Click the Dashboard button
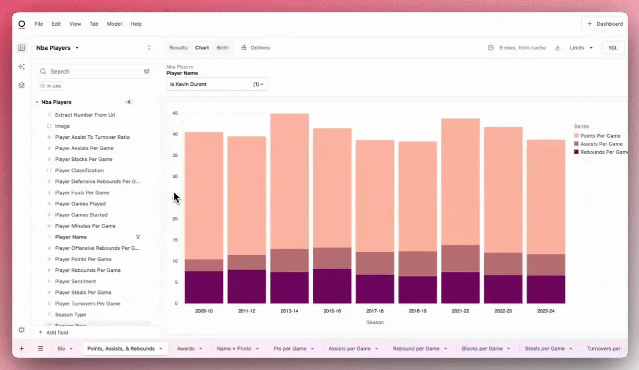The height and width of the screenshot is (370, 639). point(605,24)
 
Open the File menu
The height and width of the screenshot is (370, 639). point(39,24)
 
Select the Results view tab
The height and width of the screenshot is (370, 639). point(179,48)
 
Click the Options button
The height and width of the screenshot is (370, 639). point(256,48)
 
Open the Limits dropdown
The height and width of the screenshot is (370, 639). point(581,48)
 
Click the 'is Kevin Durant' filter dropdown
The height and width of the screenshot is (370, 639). point(217,84)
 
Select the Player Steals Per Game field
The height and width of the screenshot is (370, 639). point(83,292)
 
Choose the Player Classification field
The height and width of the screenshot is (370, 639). point(79,171)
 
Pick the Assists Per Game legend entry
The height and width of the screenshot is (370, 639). point(601,144)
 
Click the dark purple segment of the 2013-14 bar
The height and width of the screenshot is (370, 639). point(289,288)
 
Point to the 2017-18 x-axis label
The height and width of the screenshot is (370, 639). point(375,311)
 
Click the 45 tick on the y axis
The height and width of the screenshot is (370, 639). point(175,113)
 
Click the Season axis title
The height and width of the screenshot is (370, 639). point(375,322)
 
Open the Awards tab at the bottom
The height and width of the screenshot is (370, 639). point(186,348)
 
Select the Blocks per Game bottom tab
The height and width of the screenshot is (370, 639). point(482,348)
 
